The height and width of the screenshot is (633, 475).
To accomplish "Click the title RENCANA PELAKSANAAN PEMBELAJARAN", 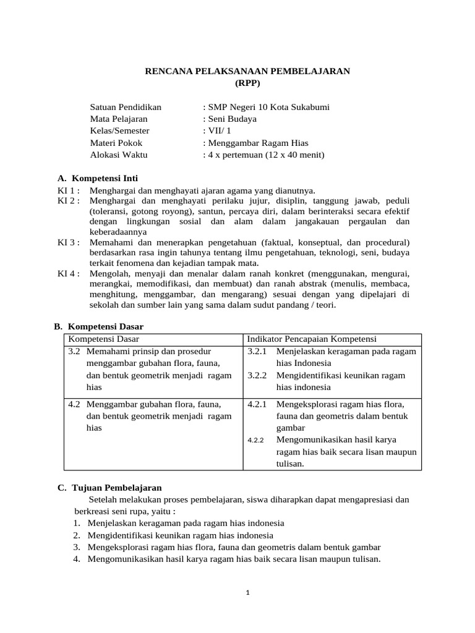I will pyautogui.click(x=247, y=71).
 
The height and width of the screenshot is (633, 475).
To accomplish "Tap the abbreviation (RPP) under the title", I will pyautogui.click(x=247, y=83).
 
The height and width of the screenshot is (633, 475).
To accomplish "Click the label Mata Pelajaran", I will pyautogui.click(x=119, y=119).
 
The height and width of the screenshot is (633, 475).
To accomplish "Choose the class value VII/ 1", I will pyautogui.click(x=219, y=130).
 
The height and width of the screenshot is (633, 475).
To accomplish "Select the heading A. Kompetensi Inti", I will pyautogui.click(x=98, y=178).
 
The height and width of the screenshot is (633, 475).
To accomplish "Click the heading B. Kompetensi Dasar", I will pyautogui.click(x=99, y=326).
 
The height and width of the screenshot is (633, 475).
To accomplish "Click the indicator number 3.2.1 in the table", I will pyautogui.click(x=257, y=351).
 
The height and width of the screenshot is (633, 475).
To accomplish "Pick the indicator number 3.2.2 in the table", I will pyautogui.click(x=257, y=375).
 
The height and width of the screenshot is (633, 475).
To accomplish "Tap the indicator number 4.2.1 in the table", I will pyautogui.click(x=257, y=404).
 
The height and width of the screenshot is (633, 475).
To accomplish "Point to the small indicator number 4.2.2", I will pyautogui.click(x=255, y=441).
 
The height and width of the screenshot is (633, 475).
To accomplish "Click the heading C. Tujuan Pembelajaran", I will pyautogui.click(x=109, y=487).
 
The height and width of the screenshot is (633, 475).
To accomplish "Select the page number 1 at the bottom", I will pyautogui.click(x=247, y=592).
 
